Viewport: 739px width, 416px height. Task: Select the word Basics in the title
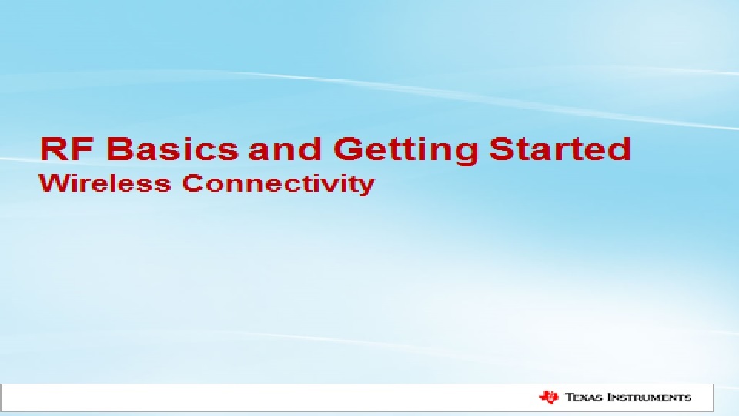pos(172,149)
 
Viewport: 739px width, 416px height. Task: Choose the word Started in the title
pos(560,149)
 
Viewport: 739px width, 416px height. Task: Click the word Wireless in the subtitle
pos(105,183)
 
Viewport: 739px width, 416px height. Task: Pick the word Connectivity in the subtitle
pos(279,184)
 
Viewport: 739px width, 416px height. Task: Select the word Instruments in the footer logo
pos(650,398)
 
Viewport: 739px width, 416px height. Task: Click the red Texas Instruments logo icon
pos(549,398)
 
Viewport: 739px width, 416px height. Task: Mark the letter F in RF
pos(85,149)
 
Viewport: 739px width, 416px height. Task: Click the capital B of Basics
pos(120,149)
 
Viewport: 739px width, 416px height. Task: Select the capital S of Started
pos(502,149)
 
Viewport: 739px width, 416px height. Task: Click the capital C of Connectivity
pos(192,183)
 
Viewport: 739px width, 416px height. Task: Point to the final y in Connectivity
pos(368,187)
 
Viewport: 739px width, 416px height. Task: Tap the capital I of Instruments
pos(610,398)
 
